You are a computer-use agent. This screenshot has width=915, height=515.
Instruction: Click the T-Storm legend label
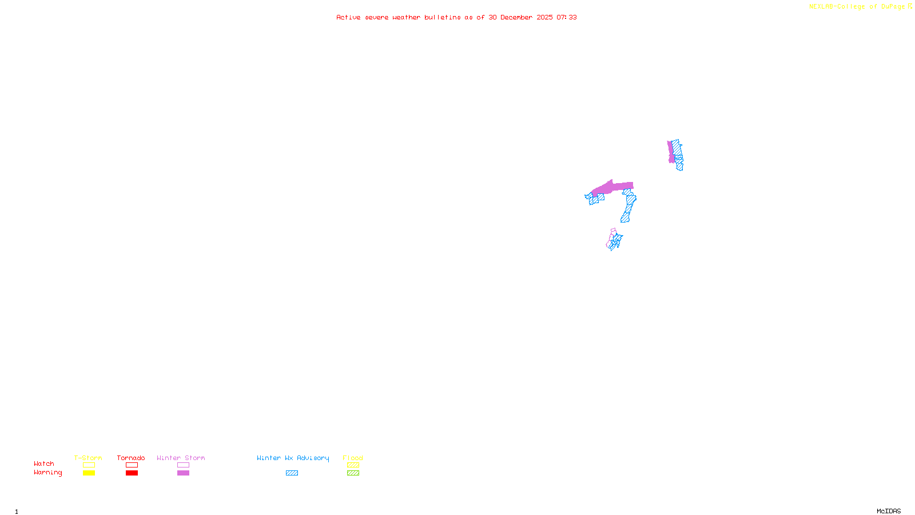(88, 458)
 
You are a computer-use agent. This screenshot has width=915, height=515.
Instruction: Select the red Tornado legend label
(131, 458)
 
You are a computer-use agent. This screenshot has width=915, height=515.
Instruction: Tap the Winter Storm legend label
(181, 458)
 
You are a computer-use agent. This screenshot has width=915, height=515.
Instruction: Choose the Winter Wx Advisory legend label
(293, 458)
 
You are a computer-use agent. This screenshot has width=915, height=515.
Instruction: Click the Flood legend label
(353, 458)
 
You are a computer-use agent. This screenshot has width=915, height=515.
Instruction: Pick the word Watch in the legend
(44, 463)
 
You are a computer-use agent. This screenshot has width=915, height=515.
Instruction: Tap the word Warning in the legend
(47, 473)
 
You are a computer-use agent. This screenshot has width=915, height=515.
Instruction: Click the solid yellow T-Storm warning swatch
(89, 473)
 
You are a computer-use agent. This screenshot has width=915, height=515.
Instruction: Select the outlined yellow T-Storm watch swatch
(89, 465)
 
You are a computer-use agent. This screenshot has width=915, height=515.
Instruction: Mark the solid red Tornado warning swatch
(132, 473)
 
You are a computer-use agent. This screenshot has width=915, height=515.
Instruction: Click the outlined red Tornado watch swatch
(132, 465)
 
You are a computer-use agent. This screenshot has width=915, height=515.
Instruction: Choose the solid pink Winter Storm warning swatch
(183, 473)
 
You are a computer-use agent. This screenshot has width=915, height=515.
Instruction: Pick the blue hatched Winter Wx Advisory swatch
(292, 473)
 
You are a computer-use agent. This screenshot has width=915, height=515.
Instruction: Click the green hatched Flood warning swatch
(353, 473)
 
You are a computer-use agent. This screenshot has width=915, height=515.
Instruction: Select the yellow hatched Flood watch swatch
(353, 465)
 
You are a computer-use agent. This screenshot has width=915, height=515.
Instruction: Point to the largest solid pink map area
(612, 187)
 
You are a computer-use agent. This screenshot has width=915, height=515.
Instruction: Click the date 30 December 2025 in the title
(520, 17)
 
